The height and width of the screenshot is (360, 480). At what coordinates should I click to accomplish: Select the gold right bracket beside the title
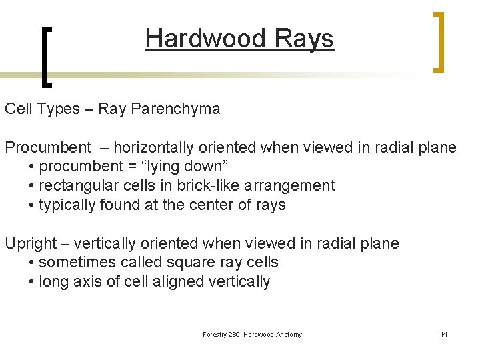click(x=438, y=41)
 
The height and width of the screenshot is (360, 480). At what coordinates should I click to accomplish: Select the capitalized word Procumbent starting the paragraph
click(x=48, y=147)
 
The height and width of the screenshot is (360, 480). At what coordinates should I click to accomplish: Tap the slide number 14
click(x=443, y=334)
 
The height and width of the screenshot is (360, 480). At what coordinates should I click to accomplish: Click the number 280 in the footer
click(x=235, y=335)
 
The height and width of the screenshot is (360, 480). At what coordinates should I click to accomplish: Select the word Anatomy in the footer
click(x=287, y=335)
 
